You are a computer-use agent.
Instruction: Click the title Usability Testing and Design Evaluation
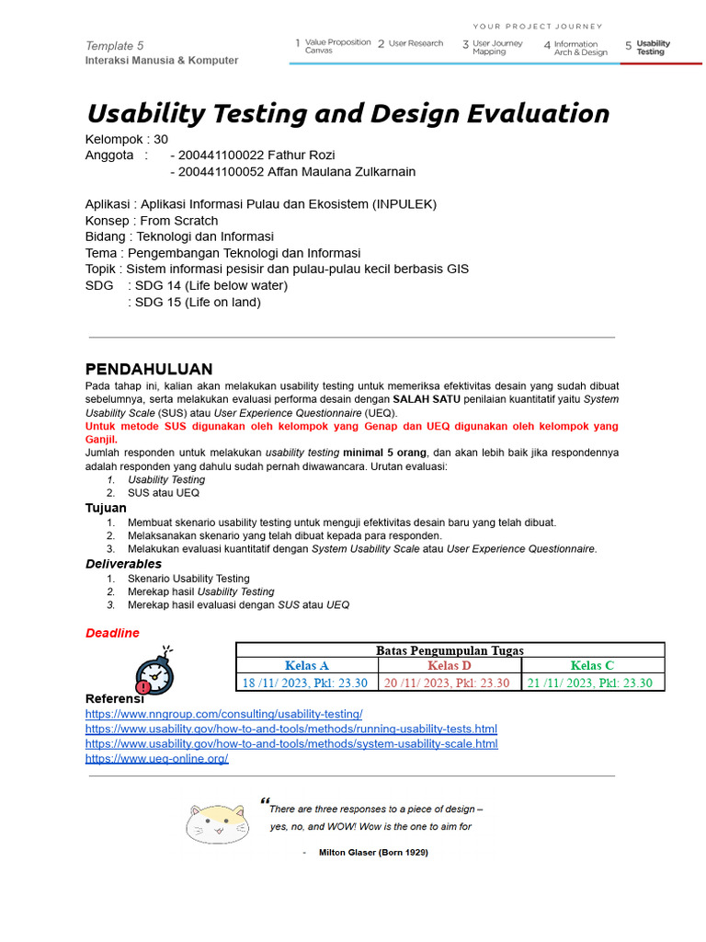tap(347, 114)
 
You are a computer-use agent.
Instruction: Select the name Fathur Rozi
tap(296, 155)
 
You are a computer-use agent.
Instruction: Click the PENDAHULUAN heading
tap(149, 370)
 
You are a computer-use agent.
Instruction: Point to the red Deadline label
tap(112, 633)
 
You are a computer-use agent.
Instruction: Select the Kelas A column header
tap(307, 666)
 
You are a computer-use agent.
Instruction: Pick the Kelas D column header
tap(450, 666)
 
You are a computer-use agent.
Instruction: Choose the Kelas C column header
tap(592, 666)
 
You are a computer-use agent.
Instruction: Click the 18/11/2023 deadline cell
tap(305, 683)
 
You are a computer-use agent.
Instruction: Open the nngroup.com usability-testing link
tap(223, 714)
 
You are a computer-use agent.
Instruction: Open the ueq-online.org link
tap(156, 759)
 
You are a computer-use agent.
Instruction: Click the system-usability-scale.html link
tap(291, 744)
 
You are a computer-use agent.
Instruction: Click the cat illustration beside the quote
tap(217, 822)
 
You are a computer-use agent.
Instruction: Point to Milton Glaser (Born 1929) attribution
tap(372, 853)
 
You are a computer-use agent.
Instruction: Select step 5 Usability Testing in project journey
tap(653, 48)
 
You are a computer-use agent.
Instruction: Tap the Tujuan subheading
tap(106, 508)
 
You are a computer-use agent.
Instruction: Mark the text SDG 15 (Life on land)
tap(198, 302)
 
